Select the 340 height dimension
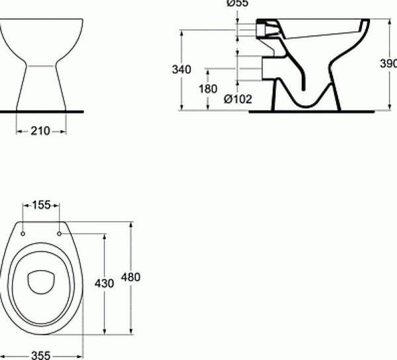click(x=181, y=69)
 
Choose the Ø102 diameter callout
click(x=238, y=100)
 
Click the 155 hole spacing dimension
click(x=42, y=206)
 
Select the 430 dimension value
click(x=105, y=283)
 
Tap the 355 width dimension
click(x=42, y=355)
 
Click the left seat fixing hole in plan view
click(x=24, y=233)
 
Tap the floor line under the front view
click(x=41, y=111)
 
